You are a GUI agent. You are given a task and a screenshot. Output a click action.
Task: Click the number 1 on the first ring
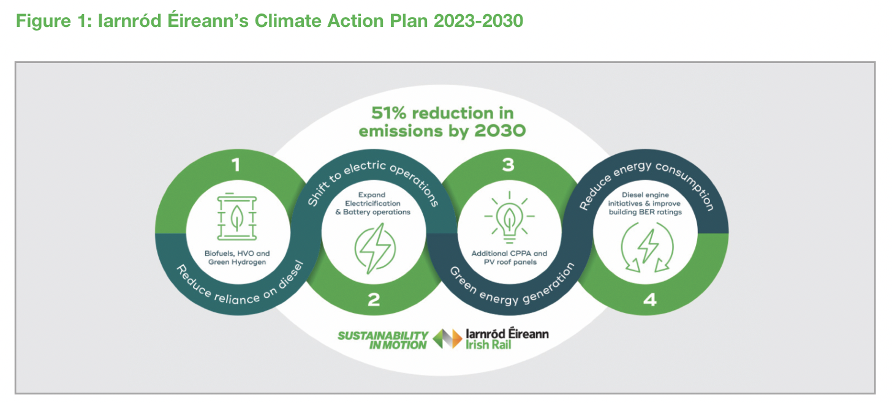tap(236, 165)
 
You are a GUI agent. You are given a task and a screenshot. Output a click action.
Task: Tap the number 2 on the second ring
tap(374, 299)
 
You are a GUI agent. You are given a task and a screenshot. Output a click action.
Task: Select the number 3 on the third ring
tap(508, 165)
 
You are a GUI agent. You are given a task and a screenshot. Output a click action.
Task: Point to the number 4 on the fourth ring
tap(650, 299)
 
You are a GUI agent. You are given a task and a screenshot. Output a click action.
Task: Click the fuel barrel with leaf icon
tap(237, 217)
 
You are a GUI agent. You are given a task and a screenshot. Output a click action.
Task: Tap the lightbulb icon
tap(509, 217)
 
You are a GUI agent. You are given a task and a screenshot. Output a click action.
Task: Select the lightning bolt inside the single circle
tap(375, 249)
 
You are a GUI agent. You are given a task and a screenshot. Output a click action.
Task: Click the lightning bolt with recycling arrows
tap(647, 247)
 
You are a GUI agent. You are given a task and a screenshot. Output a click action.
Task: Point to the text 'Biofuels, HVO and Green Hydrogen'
tap(237, 258)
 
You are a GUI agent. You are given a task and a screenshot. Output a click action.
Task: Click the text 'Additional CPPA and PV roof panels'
tap(509, 258)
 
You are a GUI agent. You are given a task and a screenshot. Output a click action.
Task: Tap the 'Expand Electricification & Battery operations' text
tap(372, 203)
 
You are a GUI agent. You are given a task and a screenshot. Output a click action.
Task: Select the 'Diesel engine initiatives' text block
tap(645, 203)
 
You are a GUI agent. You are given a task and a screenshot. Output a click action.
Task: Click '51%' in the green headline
tap(389, 113)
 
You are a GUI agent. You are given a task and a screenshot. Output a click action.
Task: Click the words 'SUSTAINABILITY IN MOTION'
tap(383, 341)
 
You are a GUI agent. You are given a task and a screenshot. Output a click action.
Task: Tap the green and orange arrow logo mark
tap(448, 339)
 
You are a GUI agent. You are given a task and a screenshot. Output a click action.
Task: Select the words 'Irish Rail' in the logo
tap(488, 345)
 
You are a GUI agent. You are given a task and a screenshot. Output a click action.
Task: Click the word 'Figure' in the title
tap(43, 21)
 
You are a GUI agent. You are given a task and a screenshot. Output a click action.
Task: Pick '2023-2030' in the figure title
tap(478, 21)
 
